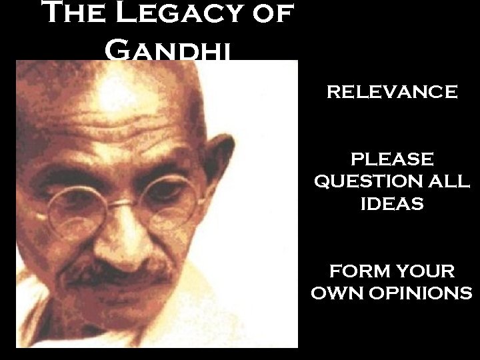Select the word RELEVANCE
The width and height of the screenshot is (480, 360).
pos(392,92)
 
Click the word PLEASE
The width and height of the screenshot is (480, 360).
pos(392,159)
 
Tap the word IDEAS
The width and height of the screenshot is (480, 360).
pos(392,204)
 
